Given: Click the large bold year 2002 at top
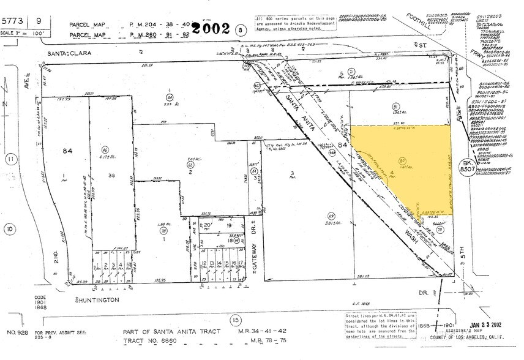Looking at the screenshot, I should click(x=211, y=28).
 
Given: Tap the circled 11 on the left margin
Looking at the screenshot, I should click(x=10, y=160).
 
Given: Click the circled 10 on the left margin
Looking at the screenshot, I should click(x=10, y=230).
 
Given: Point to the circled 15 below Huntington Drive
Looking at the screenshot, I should click(x=234, y=320).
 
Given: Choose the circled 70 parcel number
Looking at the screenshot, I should click(x=163, y=231).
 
